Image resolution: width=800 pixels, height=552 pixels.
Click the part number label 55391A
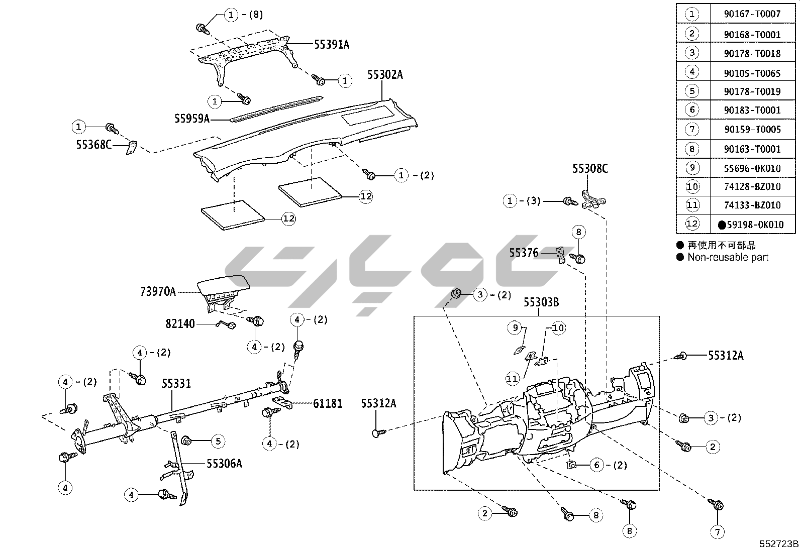pos(331,44)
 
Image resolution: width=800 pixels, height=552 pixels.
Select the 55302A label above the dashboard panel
pos(385,75)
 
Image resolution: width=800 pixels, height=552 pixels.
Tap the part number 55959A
pos(192,119)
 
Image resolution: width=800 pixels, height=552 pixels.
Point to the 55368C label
pos(93,145)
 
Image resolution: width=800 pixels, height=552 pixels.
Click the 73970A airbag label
pos(158,291)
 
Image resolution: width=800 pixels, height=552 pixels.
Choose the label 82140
pos(180,324)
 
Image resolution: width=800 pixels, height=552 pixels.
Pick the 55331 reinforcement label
pos(176,384)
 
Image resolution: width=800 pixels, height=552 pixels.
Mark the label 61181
pos(328,403)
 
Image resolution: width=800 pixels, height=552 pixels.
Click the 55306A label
pos(224,463)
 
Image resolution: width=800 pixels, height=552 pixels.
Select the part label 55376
pos(524,253)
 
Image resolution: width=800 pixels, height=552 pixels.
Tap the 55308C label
pos(590,169)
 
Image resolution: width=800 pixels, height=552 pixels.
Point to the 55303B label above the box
pos(541,302)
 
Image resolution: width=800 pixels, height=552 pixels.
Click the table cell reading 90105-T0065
pos(752,73)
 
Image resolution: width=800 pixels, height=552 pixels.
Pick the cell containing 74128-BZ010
pos(752,186)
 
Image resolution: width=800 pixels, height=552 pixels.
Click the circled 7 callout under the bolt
pos(717,531)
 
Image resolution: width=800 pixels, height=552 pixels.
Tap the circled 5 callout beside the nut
pos(218,441)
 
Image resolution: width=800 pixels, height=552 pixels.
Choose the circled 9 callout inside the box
pos(515,328)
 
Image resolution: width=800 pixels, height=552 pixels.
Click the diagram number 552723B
pos(778,543)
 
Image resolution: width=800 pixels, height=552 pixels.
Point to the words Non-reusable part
pos(728,257)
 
